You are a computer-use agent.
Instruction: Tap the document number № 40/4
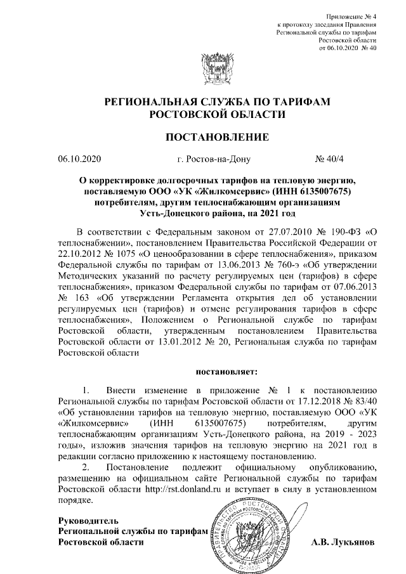click(330, 159)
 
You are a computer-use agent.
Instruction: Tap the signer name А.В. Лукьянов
click(343, 543)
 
